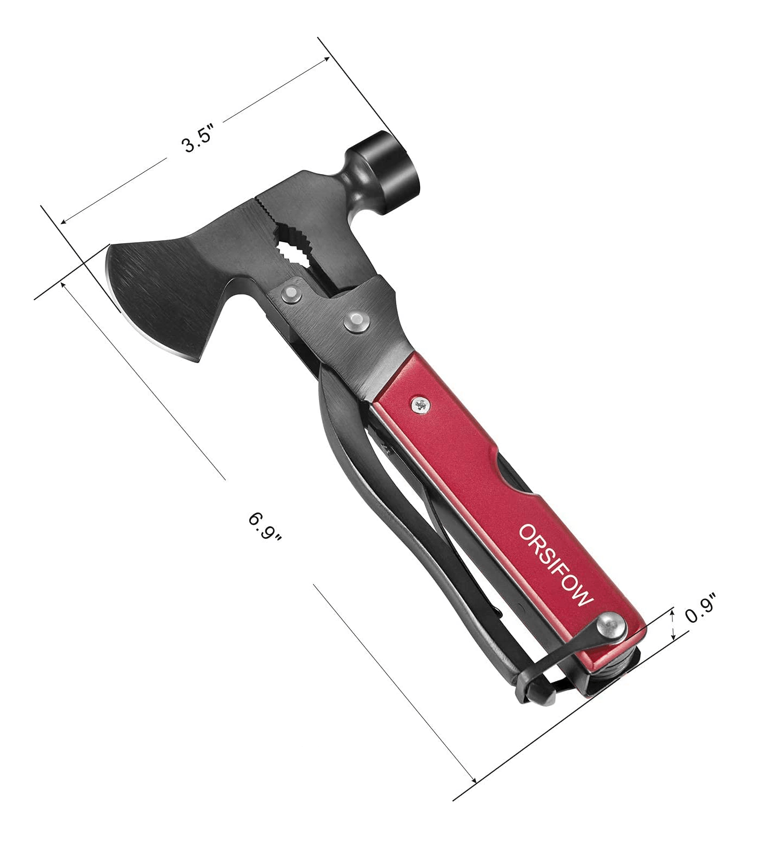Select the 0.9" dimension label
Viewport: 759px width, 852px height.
701,609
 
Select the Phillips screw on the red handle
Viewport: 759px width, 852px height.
420,404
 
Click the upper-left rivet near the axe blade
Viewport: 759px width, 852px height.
291,294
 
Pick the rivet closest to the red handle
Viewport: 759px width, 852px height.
356,321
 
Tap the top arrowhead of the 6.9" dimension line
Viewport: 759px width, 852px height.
65,284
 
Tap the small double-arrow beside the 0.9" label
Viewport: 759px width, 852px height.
673,624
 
